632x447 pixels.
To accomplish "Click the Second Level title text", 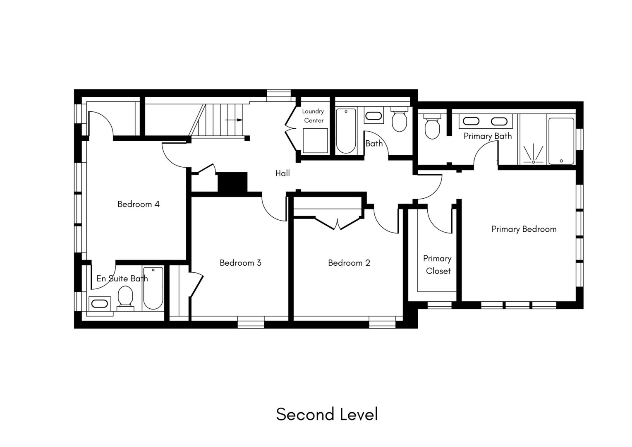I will click(327, 414).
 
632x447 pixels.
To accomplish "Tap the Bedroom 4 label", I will click(138, 204).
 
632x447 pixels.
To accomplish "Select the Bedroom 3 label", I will click(240, 263).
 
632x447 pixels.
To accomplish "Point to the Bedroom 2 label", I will click(349, 263).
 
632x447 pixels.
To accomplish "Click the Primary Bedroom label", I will click(524, 229).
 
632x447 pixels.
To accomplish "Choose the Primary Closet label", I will click(437, 264).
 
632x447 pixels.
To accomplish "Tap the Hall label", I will click(282, 173).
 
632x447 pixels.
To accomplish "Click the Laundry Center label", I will click(313, 116).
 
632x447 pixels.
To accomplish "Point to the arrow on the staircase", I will click(234, 120).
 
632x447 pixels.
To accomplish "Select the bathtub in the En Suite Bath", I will click(153, 288).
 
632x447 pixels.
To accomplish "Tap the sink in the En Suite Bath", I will click(99, 303).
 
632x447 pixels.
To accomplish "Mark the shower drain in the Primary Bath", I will click(533, 162).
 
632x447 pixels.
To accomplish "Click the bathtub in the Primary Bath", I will click(561, 141).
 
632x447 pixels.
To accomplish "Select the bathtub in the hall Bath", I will click(346, 131).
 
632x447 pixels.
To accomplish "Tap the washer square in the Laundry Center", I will click(315, 141).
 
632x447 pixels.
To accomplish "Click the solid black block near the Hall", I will click(232, 182).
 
